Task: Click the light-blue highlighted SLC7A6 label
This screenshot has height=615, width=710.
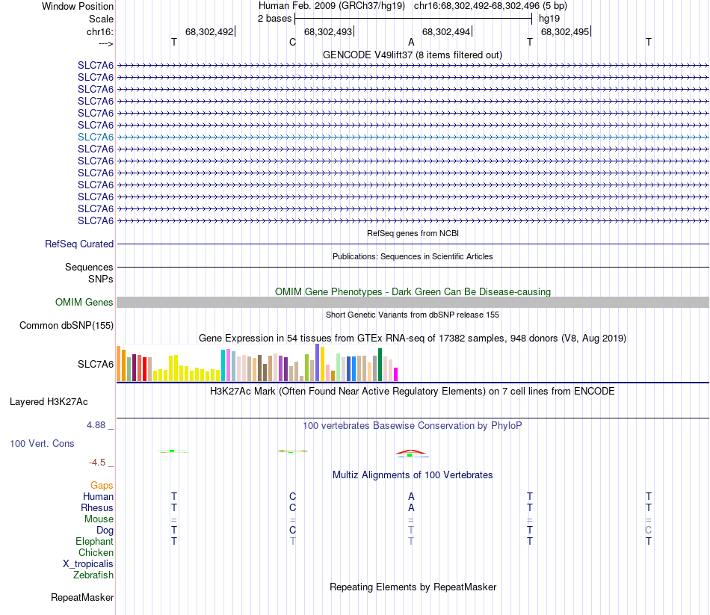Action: pos(96,137)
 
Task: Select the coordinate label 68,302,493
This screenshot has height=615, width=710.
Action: pos(327,31)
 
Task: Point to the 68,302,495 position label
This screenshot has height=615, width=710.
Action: pos(564,31)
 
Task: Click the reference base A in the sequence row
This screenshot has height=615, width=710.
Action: pos(411,42)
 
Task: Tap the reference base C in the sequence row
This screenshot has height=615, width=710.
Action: pos(292,42)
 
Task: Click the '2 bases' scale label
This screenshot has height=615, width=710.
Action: pos(274,18)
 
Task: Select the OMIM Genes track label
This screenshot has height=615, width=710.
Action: pos(84,303)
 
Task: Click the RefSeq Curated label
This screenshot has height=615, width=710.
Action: pos(79,244)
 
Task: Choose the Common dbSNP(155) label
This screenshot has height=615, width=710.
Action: pos(67,325)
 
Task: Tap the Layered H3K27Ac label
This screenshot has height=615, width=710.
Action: pos(49,401)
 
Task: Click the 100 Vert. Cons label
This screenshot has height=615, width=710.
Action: pos(42,443)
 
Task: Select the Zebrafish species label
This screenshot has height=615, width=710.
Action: pos(93,575)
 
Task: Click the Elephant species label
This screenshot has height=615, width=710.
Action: pos(94,542)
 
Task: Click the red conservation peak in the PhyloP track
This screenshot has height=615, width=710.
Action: pos(411,452)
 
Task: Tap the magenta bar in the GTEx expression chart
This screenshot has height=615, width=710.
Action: pos(396,374)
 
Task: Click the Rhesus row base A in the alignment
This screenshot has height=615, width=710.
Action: pos(411,508)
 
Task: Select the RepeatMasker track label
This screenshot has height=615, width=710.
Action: pos(82,598)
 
